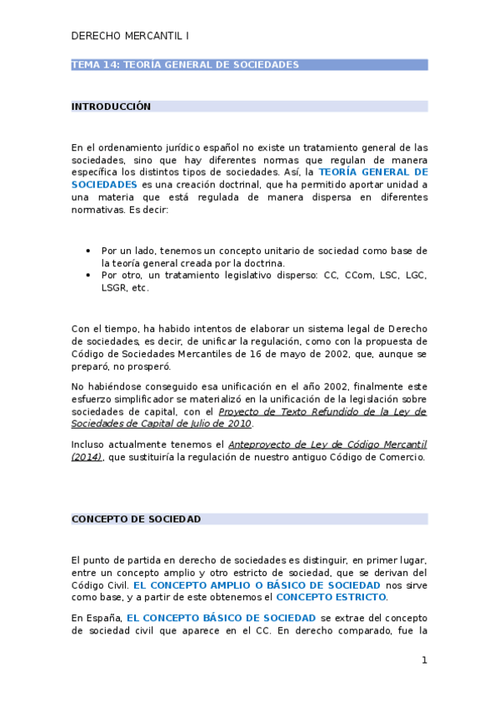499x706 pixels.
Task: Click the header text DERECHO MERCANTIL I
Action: (x=130, y=37)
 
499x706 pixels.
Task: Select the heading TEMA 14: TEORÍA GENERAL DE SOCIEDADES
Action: (x=185, y=64)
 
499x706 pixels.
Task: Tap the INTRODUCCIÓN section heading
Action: (x=111, y=107)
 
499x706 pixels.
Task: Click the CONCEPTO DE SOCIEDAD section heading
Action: (x=136, y=519)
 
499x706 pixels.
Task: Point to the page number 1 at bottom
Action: (x=424, y=660)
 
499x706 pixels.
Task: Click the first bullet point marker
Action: (x=88, y=250)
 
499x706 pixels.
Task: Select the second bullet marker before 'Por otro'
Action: (x=88, y=275)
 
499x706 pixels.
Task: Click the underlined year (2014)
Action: (x=87, y=457)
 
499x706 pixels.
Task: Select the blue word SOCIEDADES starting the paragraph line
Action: (x=104, y=184)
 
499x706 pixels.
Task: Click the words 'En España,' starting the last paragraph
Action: (x=97, y=618)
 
